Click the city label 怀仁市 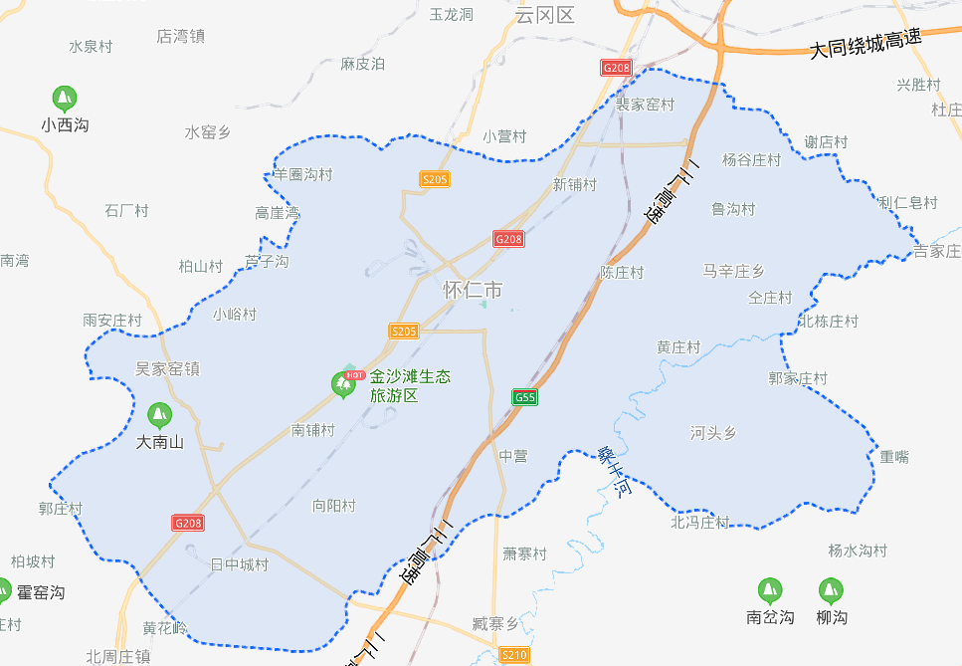tap(473, 291)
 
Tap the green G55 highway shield tap(525, 397)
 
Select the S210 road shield tap(513, 654)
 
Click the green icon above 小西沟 tap(65, 99)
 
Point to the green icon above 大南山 tap(159, 415)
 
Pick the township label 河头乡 tap(713, 432)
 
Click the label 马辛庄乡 tap(733, 271)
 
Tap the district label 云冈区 tap(546, 14)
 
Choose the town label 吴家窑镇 tap(167, 368)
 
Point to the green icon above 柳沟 tap(831, 590)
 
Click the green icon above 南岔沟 tap(769, 590)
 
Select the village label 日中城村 tap(240, 564)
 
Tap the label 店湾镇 tap(180, 36)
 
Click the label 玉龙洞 tap(451, 14)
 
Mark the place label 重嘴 tap(894, 456)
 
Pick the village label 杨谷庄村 tap(751, 159)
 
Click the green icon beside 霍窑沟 tap(6, 591)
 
